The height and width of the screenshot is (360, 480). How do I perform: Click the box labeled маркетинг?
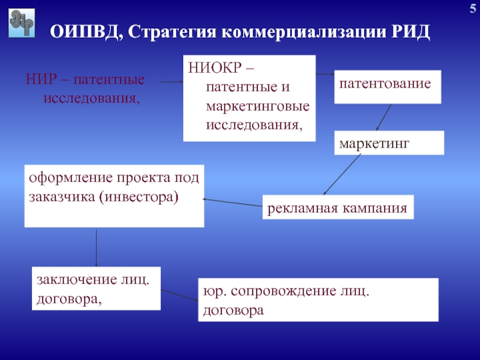point(389,143)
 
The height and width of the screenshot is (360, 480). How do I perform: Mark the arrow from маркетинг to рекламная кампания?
point(342,175)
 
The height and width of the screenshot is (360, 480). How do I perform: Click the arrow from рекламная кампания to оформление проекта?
point(233,202)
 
